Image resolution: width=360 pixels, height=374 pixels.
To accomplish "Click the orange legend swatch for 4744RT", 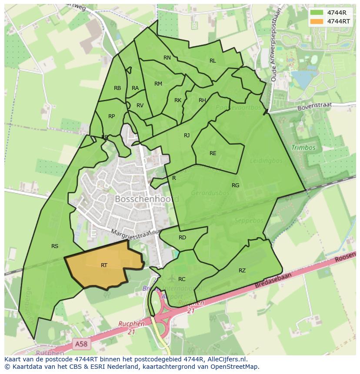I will point(317,21).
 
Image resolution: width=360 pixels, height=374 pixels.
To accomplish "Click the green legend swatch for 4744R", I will point(317,13).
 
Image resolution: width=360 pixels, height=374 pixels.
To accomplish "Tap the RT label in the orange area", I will point(104,265).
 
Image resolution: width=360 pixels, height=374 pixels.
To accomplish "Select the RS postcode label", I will point(55,246).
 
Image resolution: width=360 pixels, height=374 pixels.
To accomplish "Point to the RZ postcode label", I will point(242,271).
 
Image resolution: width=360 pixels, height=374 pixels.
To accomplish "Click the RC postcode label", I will point(182,279).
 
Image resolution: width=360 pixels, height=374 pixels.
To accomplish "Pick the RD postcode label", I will point(182,238).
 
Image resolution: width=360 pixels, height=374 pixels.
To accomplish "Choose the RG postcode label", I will point(235,185).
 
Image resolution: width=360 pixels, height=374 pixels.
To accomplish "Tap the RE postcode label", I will point(213,153).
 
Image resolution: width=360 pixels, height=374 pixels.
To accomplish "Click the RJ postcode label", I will point(187,136).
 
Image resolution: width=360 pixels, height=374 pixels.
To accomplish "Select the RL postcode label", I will point(213,61).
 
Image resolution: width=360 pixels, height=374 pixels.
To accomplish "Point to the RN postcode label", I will point(167,58).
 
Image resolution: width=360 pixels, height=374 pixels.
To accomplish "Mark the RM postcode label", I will point(158,84).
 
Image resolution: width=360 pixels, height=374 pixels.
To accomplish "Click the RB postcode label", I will point(117,88).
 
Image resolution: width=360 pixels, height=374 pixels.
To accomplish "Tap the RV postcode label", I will point(140,106).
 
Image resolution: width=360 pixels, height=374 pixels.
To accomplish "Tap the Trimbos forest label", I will point(303,148).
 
